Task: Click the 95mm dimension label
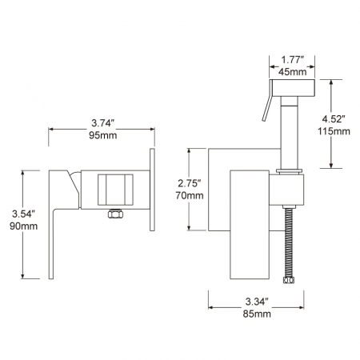103,135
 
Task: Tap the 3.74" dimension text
103,123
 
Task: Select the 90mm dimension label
24,226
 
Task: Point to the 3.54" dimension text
24,214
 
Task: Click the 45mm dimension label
293,72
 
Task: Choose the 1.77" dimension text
293,60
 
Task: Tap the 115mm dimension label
334,131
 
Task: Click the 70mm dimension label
190,195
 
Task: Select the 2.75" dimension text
190,183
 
